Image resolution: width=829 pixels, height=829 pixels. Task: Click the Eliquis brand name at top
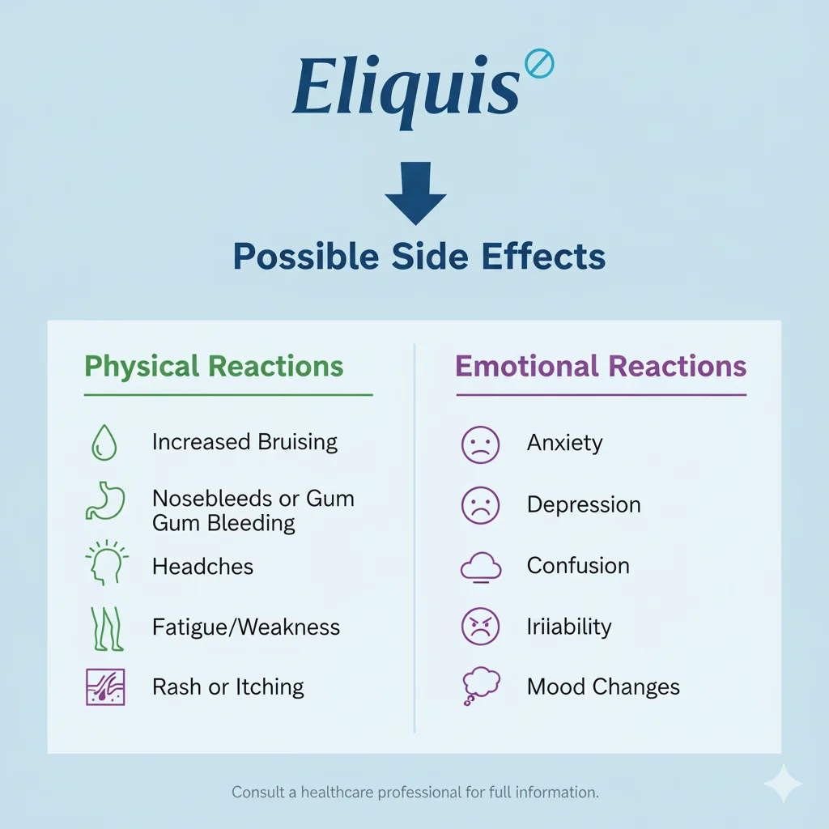coord(405,87)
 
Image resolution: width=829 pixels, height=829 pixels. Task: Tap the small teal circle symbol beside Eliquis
coord(538,63)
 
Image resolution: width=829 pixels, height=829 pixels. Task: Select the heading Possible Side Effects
coord(419,257)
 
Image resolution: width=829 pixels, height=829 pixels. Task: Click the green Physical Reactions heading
coord(214,366)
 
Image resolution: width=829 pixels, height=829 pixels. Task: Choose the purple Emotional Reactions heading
coord(601,366)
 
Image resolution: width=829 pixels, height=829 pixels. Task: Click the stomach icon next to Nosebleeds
coord(103,502)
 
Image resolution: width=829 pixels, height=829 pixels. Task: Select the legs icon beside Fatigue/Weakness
coord(104,628)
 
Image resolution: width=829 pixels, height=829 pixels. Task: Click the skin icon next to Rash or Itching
coord(104,687)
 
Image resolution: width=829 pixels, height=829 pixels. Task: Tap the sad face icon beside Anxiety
coord(481,444)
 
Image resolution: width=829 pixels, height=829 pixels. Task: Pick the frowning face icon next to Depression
coord(481,504)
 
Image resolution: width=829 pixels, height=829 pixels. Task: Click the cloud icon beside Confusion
coord(481,566)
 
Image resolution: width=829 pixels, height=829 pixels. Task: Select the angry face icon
coord(481,627)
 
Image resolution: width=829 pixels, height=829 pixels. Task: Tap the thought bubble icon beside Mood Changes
coord(480,687)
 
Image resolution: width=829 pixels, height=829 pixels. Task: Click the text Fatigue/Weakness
coord(246,627)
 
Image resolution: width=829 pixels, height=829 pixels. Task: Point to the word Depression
coord(584,504)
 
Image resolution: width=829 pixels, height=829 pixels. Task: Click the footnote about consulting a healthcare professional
coord(415,792)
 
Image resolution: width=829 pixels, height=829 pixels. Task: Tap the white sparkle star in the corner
coord(783,784)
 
